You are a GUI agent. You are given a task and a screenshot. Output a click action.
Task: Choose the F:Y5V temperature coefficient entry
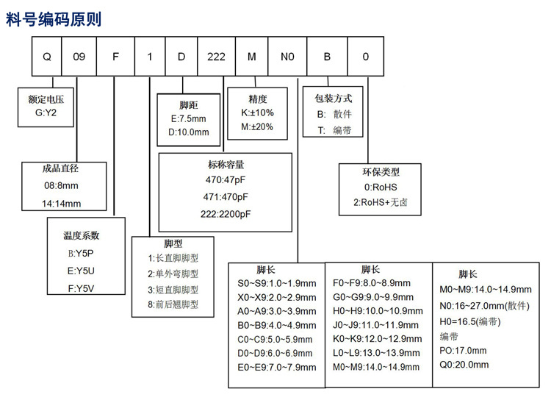(x=82, y=287)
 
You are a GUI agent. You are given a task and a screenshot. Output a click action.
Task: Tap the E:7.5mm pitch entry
(x=190, y=118)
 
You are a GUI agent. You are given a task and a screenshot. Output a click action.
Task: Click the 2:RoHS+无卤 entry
(x=381, y=201)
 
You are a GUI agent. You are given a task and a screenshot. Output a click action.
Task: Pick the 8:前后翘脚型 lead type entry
(x=173, y=304)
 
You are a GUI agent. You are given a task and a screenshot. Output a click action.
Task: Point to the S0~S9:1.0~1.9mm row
(x=275, y=282)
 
